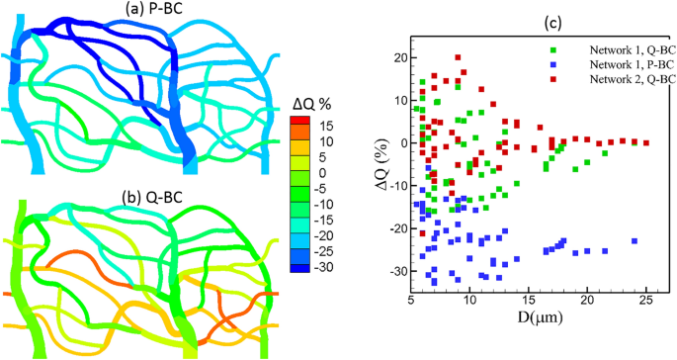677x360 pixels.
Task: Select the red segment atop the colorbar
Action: pos(303,120)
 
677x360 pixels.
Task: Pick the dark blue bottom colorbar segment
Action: pos(303,266)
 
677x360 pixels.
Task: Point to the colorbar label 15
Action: pos(326,126)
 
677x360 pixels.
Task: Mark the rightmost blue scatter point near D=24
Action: pos(635,240)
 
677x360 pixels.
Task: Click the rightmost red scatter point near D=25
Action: pos(646,142)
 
